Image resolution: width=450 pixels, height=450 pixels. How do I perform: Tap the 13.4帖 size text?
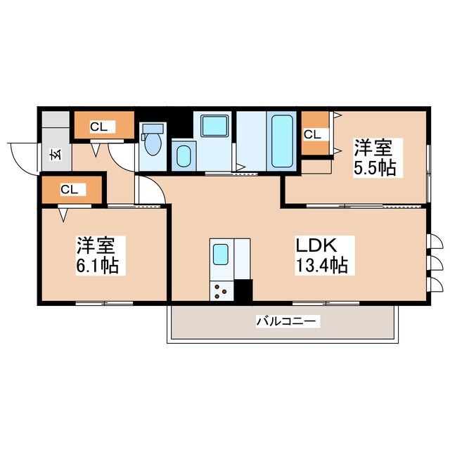(321, 266)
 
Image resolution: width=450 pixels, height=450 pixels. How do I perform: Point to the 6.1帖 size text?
(97, 266)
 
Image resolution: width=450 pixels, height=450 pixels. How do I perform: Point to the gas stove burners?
(221, 289)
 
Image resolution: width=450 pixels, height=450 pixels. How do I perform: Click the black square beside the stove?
(243, 290)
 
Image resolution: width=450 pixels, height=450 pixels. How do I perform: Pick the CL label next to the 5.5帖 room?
(311, 134)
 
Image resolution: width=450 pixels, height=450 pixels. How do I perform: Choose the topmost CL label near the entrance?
(98, 127)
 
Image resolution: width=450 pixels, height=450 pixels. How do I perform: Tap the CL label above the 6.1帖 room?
(68, 189)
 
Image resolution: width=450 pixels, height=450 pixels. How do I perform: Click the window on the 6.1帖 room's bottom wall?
(104, 303)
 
